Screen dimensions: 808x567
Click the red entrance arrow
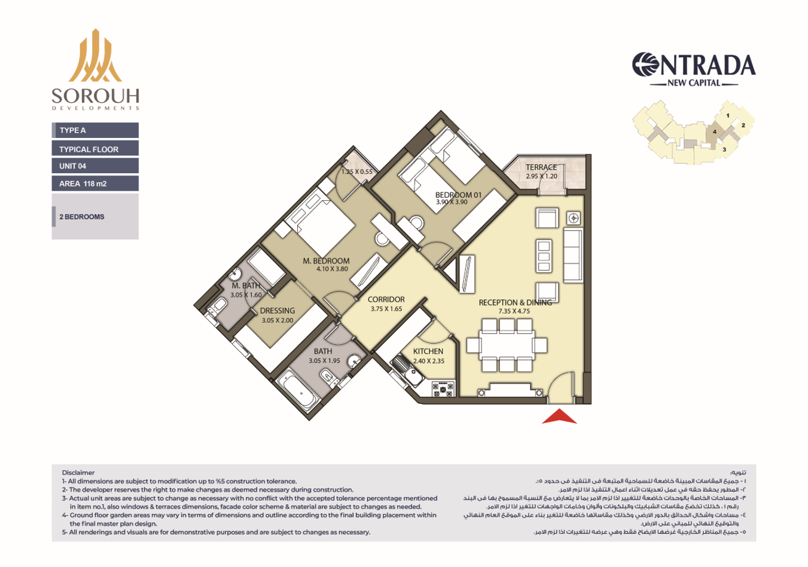click(559, 416)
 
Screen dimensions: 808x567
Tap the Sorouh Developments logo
click(95, 69)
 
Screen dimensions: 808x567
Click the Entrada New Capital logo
click(694, 69)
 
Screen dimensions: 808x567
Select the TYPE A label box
click(95, 130)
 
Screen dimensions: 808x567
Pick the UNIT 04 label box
click(95, 166)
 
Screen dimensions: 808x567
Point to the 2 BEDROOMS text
click(82, 217)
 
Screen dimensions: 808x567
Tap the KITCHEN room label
click(428, 351)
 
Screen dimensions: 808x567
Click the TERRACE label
click(541, 167)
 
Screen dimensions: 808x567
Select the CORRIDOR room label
click(386, 299)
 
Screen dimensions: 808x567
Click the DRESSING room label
click(277, 310)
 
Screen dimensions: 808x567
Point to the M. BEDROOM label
click(326, 260)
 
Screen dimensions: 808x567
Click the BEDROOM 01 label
click(458, 195)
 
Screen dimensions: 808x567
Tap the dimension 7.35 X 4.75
click(514, 311)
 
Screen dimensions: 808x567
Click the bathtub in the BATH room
click(298, 391)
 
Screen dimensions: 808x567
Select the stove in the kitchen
click(443, 388)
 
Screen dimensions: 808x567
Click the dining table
click(507, 345)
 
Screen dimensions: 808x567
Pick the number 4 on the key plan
click(715, 131)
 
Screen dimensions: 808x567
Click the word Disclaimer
click(78, 473)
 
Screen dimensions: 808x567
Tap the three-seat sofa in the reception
click(573, 255)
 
